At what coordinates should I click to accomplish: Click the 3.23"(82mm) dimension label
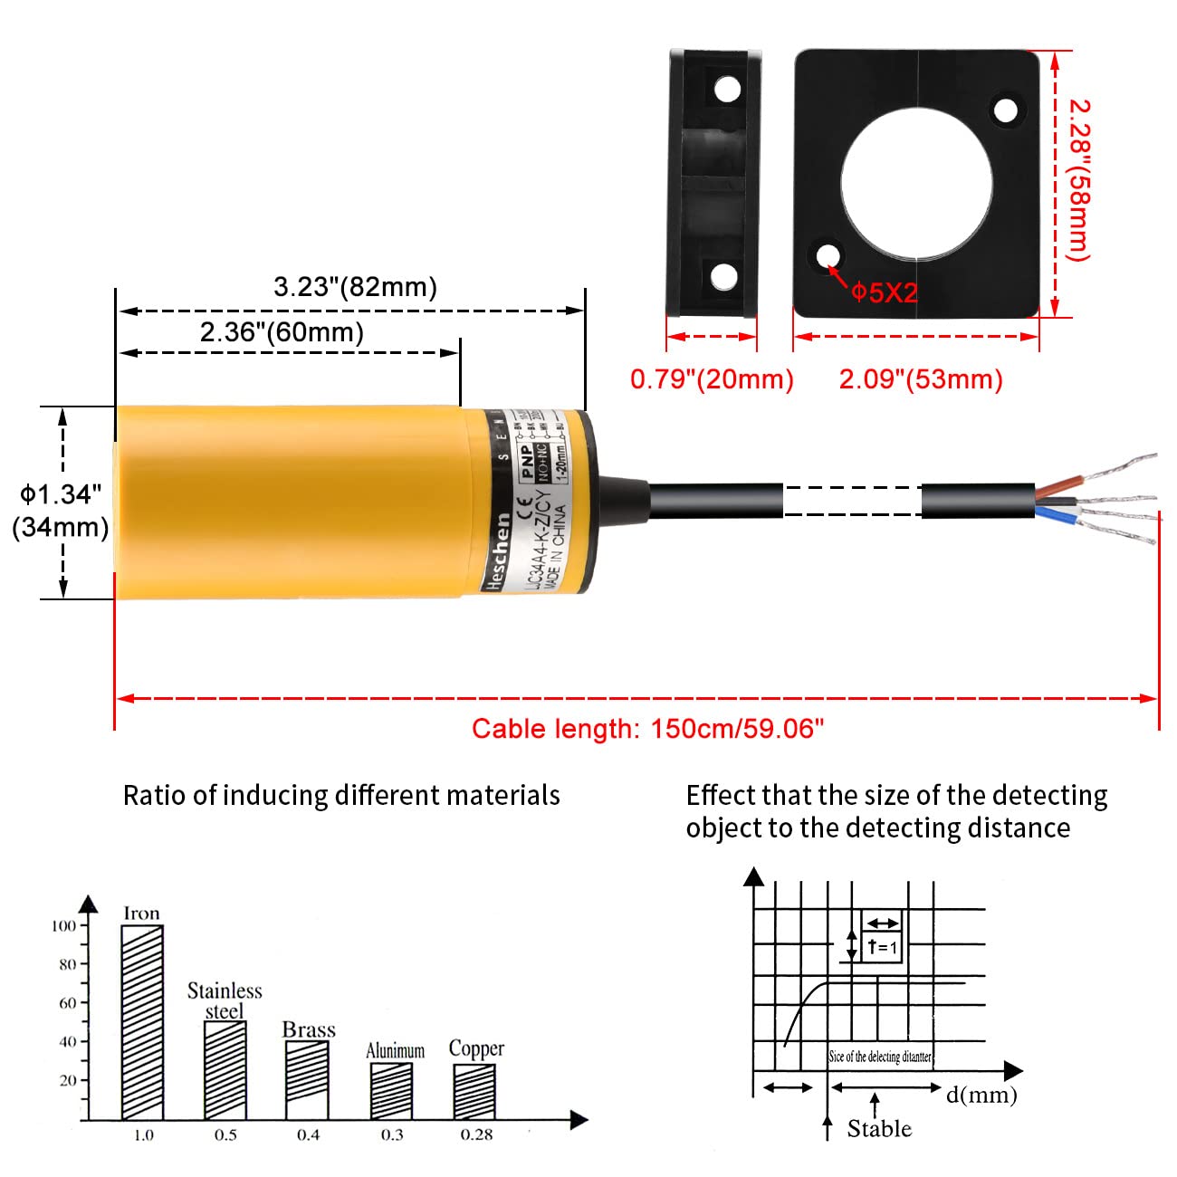[355, 287]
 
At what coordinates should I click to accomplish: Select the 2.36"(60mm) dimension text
[282, 332]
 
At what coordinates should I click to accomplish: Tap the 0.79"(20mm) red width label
[712, 378]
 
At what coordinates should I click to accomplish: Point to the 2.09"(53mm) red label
[921, 378]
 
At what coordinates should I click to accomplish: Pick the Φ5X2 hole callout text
[885, 292]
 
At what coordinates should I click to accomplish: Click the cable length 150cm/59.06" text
[648, 729]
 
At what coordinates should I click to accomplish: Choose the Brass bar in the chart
[308, 1079]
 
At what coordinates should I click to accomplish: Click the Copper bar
[474, 1091]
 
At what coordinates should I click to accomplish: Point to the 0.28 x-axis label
[476, 1135]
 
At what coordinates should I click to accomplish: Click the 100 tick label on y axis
[63, 925]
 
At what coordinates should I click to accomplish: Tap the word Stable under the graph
[879, 1129]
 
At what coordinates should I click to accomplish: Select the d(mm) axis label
[981, 1095]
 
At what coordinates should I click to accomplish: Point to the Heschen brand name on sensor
[497, 552]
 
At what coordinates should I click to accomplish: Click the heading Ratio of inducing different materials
[341, 796]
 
